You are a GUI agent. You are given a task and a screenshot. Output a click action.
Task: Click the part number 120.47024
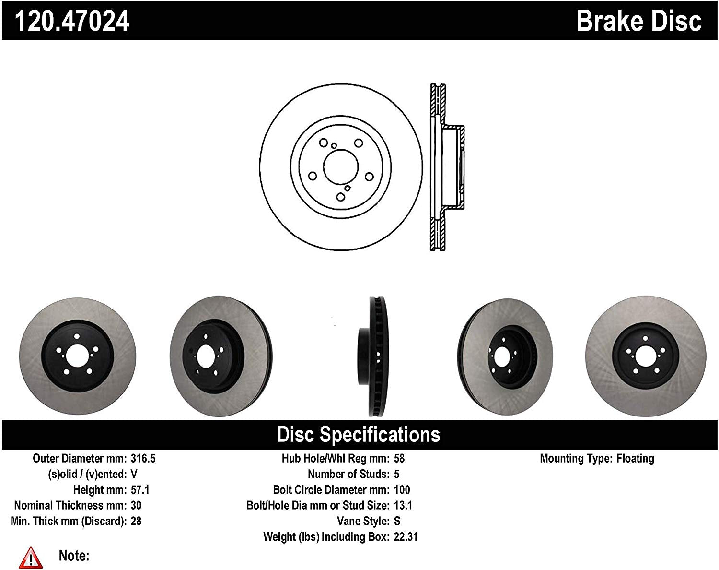tap(72, 21)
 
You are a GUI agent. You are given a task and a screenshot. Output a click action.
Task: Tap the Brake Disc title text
tap(638, 21)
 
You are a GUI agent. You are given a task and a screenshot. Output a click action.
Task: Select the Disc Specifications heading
tap(359, 434)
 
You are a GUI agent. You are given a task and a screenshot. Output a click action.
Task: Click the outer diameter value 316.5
tap(143, 458)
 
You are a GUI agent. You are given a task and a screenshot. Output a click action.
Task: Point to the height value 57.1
tap(140, 490)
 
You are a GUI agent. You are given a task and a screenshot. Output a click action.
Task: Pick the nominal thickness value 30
tap(136, 505)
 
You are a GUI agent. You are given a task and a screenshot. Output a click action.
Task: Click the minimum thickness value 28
tap(136, 521)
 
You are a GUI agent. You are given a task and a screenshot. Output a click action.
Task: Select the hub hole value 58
tap(399, 458)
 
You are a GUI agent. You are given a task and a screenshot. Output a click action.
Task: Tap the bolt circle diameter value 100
tap(402, 490)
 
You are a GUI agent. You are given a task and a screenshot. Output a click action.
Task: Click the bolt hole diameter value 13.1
tap(403, 505)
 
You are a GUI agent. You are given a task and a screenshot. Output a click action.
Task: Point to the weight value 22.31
tap(406, 537)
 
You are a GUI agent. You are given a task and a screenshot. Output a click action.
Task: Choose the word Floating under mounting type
tap(635, 458)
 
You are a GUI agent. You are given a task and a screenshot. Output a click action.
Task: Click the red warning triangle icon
tap(31, 558)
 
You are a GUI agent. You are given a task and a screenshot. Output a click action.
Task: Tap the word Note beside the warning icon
tap(74, 556)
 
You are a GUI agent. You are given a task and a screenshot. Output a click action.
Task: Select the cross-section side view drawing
tap(446, 167)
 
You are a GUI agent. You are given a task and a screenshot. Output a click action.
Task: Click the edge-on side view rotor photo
tap(373, 356)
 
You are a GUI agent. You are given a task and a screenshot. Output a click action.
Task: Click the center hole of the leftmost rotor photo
tap(77, 356)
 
